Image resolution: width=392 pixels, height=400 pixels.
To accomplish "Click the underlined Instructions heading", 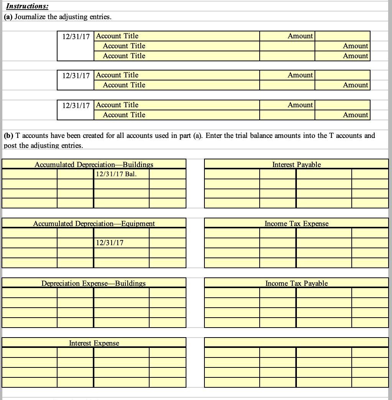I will point(26,7).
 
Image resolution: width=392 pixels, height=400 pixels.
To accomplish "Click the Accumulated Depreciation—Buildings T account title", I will point(94,164).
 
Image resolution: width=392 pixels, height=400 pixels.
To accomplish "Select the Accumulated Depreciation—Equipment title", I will point(94,223).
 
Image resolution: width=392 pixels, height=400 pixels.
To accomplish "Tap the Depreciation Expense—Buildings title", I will point(94,283).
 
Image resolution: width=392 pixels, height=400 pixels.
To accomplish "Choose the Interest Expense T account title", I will point(94,343).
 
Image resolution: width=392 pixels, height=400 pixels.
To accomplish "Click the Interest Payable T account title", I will point(296,164).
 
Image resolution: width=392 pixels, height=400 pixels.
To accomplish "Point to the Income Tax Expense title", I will point(296,223).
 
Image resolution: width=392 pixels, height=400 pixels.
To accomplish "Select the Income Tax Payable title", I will point(296,283).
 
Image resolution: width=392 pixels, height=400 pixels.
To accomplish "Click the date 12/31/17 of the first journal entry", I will point(76,36).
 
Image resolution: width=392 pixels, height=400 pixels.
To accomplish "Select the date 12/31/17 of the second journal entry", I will point(76,75).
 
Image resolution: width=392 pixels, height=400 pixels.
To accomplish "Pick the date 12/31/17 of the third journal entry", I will point(76,105).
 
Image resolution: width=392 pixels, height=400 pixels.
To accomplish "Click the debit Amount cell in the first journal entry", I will point(287,36).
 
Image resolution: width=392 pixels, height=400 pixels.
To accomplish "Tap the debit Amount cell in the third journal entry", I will point(287,105).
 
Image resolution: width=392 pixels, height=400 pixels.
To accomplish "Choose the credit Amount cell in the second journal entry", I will point(343,85).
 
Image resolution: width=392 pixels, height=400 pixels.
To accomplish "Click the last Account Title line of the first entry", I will point(124,56).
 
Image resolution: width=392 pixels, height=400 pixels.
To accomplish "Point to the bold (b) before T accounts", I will point(8,136).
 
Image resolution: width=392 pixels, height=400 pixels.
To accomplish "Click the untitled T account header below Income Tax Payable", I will point(296,342).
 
